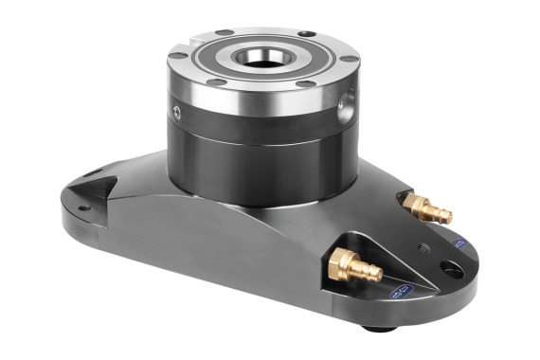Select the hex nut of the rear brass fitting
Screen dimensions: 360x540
click(x=415, y=205)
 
